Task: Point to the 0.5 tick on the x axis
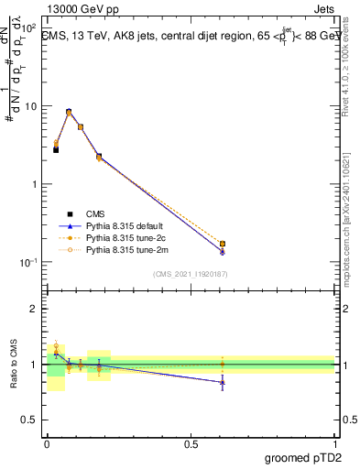[191, 442]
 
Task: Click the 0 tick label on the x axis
[47, 442]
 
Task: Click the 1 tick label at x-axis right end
[334, 442]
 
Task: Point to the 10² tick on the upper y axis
[31, 28]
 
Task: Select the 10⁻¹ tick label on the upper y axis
[29, 262]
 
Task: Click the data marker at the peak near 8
[69, 112]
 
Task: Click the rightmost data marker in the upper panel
[223, 245]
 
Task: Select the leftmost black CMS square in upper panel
[56, 149]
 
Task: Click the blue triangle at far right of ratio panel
[223, 382]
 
